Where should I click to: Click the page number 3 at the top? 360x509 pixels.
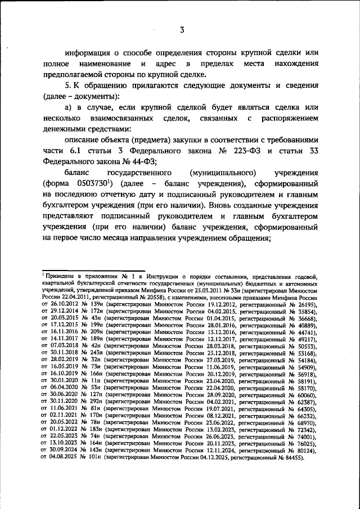182,30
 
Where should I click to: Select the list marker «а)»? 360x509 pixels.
69,107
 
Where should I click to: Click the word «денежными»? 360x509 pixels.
65,129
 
